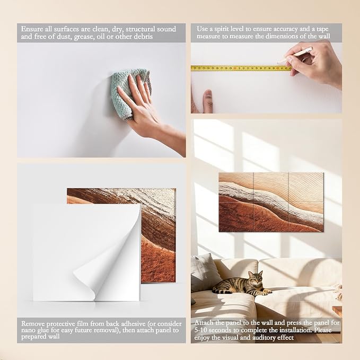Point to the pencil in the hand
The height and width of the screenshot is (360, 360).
pos(295,55)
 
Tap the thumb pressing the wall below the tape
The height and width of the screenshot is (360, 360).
pos(207,101)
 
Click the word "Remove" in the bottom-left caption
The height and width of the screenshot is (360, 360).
pos(33,324)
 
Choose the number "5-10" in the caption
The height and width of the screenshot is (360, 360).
pos(201,330)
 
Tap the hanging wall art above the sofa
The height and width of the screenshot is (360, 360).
pos(271,203)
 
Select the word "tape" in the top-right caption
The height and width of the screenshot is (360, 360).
pos(322,29)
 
